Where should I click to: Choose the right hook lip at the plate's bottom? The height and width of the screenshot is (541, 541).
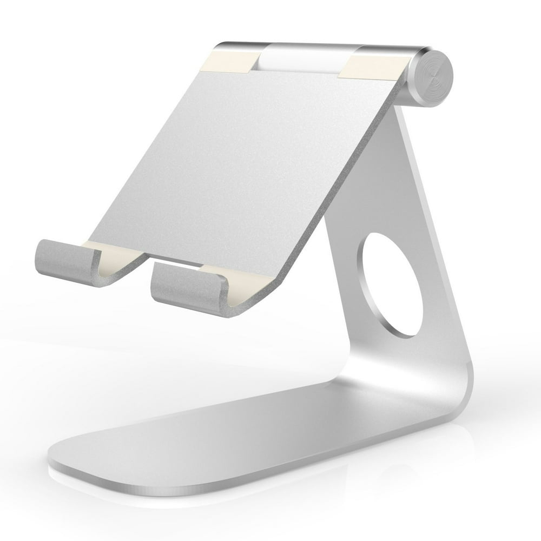[x=184, y=287]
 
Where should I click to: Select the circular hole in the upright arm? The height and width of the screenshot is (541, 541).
[x=392, y=285]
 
